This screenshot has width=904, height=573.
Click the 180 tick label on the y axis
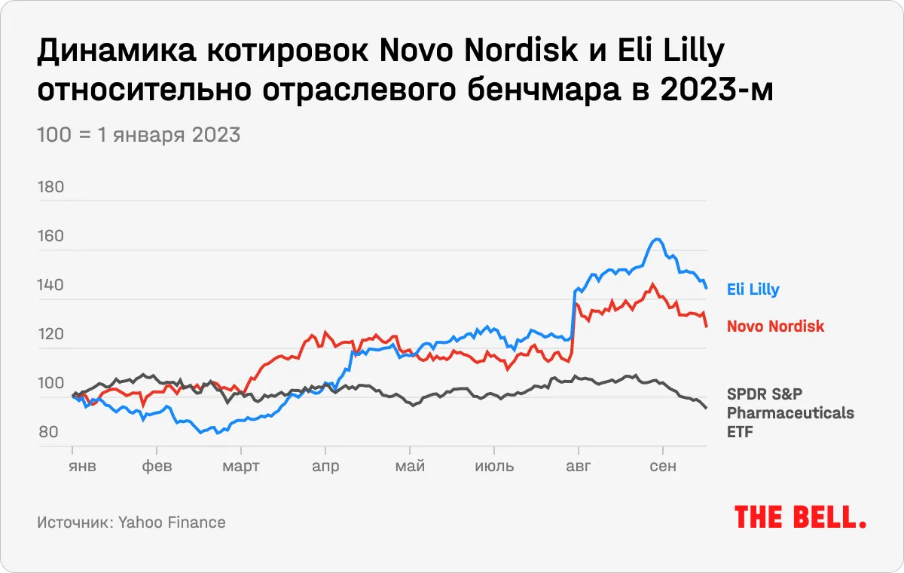[x=50, y=187]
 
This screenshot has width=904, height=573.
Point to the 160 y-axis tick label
[x=50, y=237]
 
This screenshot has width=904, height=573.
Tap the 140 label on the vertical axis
[x=50, y=286]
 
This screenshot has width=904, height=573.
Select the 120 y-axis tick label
[x=50, y=334]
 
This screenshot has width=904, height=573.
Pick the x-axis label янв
[x=83, y=466]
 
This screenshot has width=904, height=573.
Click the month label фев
[x=157, y=466]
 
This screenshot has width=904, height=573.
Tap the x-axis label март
[x=240, y=466]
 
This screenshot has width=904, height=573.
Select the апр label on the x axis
[x=325, y=466]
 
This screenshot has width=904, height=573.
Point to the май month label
[x=410, y=466]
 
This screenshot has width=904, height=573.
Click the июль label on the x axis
[x=494, y=466]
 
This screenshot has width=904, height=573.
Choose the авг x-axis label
[x=579, y=466]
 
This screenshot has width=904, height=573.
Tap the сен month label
[x=662, y=466]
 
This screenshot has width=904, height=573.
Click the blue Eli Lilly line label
[x=753, y=289]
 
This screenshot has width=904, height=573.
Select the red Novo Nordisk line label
[x=775, y=326]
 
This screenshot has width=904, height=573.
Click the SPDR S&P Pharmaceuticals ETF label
[x=789, y=412]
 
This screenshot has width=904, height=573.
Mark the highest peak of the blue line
[x=657, y=239]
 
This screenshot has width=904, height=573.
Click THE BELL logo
[x=799, y=517]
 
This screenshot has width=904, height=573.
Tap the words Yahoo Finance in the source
[x=172, y=522]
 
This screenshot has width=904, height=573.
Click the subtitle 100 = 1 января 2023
[x=139, y=135]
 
